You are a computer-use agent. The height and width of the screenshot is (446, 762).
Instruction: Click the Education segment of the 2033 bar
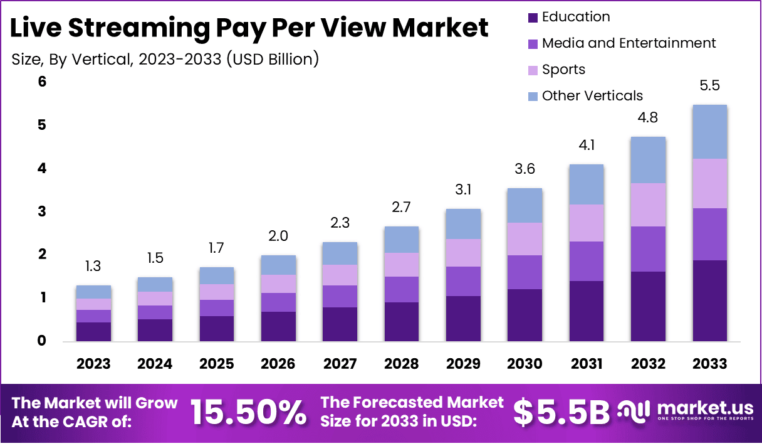pos(709,300)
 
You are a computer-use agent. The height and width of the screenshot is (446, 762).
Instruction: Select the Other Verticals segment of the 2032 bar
pos(648,160)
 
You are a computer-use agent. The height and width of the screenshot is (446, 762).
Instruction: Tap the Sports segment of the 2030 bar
pos(525,239)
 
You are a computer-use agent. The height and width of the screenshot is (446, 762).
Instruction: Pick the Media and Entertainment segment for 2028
pos(401,289)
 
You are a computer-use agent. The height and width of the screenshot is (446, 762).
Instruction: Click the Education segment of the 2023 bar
pos(93,331)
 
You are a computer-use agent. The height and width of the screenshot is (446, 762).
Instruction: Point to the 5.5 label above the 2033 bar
pos(709,86)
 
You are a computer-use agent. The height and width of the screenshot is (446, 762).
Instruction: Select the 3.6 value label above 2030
pos(525,169)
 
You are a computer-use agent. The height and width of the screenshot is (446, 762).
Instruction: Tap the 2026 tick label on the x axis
pos(278,364)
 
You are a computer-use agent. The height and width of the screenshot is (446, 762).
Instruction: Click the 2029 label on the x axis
pos(463,364)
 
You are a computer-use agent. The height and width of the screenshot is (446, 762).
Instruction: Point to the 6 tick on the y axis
pos(42,82)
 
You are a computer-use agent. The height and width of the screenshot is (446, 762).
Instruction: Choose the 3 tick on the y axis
pos(42,211)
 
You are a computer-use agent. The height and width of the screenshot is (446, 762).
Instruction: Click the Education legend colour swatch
pos(533,18)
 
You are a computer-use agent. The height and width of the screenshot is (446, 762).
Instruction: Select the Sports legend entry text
pos(563,70)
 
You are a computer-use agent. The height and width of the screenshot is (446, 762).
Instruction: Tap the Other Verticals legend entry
pos(592,96)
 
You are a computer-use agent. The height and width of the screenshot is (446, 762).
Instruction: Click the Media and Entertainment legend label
pos(629,43)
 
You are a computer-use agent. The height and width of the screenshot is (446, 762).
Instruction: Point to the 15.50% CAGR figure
pos(248,412)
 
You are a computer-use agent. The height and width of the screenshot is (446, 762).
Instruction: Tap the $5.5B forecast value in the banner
pos(561,412)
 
